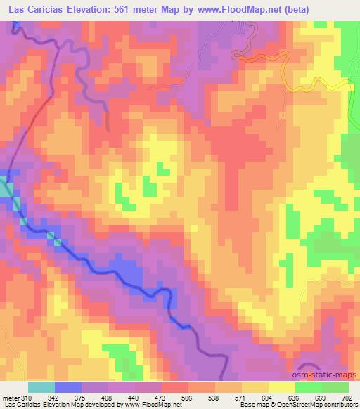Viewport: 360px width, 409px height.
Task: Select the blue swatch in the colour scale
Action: click(67, 387)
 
